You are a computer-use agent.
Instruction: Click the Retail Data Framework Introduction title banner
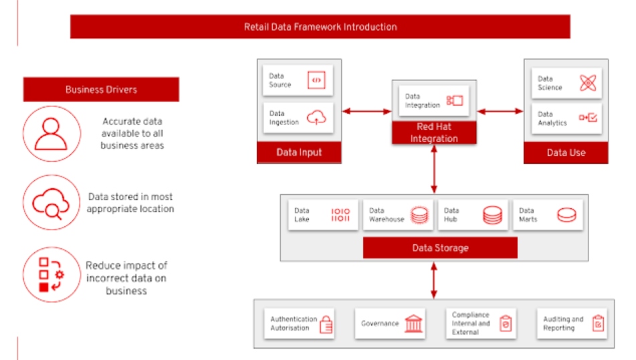(320, 27)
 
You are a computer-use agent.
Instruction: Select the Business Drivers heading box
(101, 89)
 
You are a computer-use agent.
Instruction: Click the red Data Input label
(299, 153)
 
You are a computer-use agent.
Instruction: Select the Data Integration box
(434, 101)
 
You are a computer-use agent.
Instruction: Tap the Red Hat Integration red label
(434, 132)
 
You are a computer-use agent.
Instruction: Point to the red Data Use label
(566, 153)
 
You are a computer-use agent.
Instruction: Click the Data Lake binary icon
(340, 215)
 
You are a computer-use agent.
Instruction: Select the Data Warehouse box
(398, 215)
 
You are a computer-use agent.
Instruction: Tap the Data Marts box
(547, 215)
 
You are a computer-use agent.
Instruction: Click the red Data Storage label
(440, 248)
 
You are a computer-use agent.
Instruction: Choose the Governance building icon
(414, 324)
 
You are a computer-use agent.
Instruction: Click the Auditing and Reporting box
(572, 324)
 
